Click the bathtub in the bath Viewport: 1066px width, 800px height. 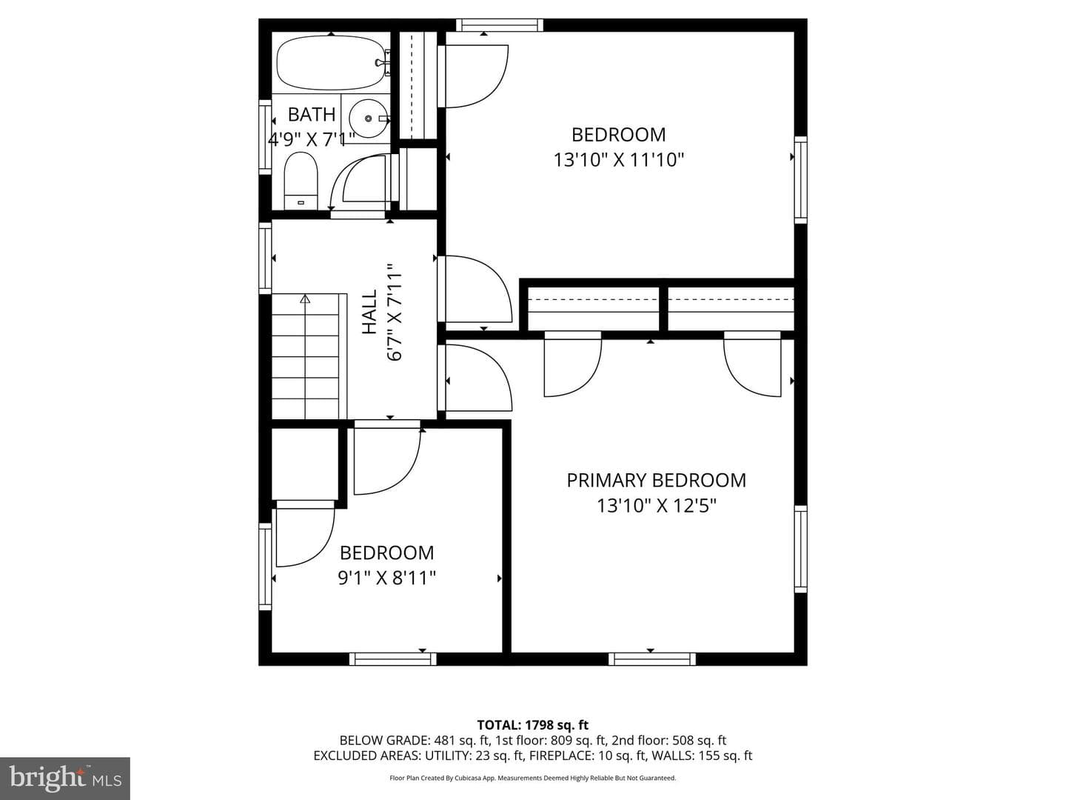tap(332, 62)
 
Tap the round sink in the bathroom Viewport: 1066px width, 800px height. tap(369, 118)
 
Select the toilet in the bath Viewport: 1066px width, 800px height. tap(301, 181)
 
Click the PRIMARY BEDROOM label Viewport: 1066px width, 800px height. tap(656, 481)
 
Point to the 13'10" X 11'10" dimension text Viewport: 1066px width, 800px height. tap(619, 160)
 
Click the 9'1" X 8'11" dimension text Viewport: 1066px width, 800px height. tap(386, 578)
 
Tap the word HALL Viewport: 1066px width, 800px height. tap(369, 312)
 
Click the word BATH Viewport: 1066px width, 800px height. tap(312, 115)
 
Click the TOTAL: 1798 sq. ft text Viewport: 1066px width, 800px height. tap(533, 725)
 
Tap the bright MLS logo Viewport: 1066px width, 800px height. tap(65, 778)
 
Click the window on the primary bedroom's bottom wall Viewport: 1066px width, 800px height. tap(651, 659)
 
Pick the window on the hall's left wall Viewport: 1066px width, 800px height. tap(265, 258)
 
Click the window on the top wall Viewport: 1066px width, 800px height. tap(500, 24)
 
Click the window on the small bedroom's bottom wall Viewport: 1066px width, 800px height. tap(393, 659)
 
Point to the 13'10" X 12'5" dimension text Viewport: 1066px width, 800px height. tap(657, 506)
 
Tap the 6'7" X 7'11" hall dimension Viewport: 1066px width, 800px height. tap(395, 313)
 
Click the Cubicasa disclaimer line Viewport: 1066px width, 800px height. tap(533, 778)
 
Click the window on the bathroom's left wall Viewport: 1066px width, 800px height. tap(265, 137)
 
